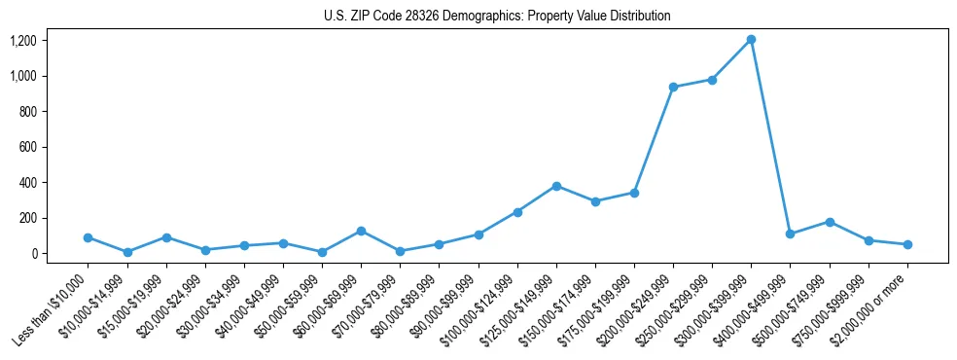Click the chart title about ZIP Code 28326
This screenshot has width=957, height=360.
tap(497, 17)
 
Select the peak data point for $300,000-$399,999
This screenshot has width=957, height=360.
tap(751, 40)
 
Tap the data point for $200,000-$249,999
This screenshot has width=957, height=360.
tap(673, 88)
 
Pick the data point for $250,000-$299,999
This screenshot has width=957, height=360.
tap(712, 80)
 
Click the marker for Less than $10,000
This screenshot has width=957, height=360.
tap(88, 237)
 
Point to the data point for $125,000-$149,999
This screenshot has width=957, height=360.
tap(556, 186)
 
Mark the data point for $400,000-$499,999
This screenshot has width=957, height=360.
tap(790, 234)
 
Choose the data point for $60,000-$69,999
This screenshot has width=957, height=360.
tap(361, 231)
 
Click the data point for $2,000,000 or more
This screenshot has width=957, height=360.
tap(907, 244)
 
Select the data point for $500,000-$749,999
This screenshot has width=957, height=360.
tap(830, 222)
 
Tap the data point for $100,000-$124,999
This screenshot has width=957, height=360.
tap(517, 212)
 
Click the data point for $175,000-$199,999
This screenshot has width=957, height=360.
tap(634, 193)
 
